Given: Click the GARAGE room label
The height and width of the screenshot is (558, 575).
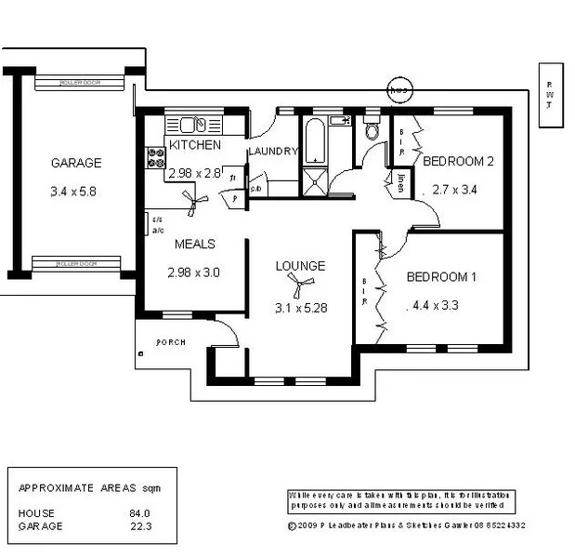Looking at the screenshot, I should click(x=75, y=163).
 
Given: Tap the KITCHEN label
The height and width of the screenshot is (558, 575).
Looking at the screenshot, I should click(x=194, y=145).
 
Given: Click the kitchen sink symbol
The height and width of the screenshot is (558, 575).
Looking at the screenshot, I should click(x=192, y=125).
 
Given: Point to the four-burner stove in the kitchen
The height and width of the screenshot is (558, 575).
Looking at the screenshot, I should click(x=153, y=158).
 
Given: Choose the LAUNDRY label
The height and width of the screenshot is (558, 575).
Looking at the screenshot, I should click(x=272, y=152).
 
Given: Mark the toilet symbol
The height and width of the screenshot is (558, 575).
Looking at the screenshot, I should click(x=373, y=131).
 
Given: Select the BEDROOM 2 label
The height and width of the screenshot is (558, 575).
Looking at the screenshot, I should click(x=458, y=161).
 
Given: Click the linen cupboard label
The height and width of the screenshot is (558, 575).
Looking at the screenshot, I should click(x=400, y=182).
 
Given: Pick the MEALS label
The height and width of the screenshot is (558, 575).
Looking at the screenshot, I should click(x=195, y=244).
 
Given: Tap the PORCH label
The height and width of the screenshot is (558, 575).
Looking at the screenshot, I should click(x=170, y=342).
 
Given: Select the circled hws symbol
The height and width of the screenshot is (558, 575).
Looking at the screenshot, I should click(x=399, y=90).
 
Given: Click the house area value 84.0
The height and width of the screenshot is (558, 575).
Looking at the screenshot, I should click(x=139, y=512).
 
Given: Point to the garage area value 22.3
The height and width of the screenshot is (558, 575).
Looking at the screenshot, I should click(x=139, y=525).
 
